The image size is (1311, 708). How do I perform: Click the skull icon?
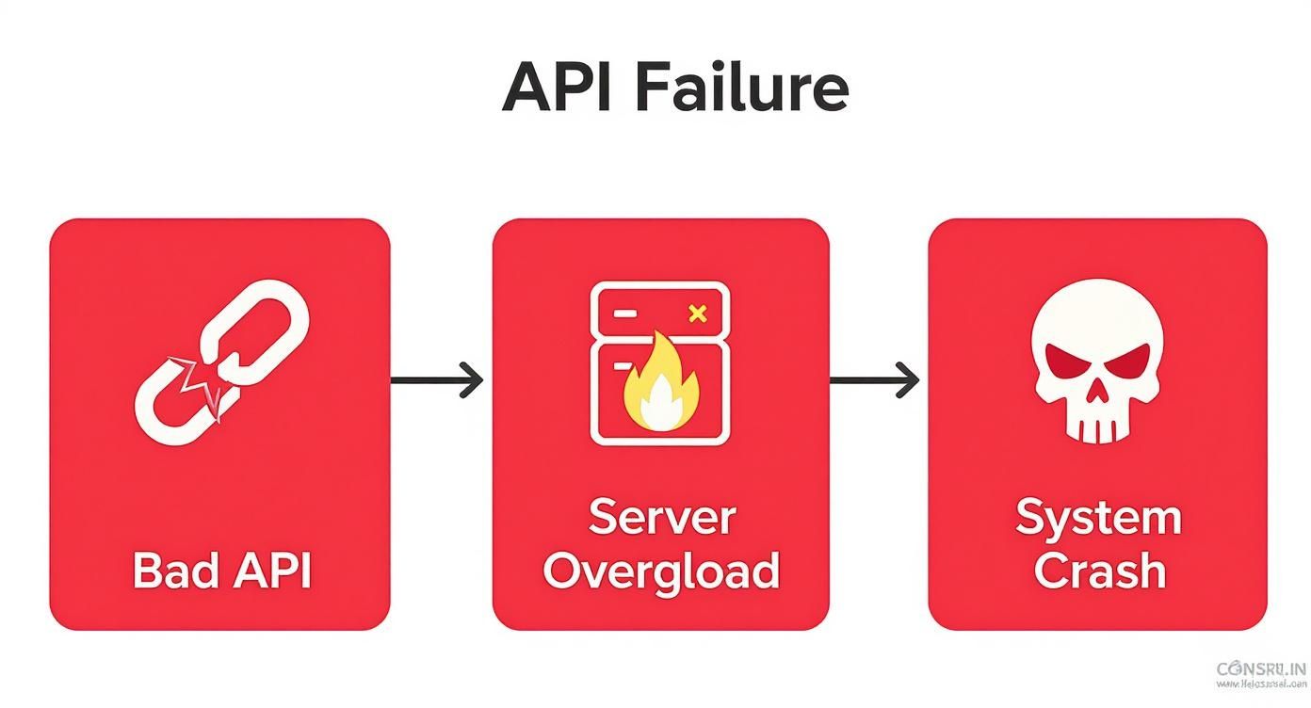[1097, 363]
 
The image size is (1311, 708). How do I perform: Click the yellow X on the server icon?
[698, 314]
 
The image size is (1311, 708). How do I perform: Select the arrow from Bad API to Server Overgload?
[437, 380]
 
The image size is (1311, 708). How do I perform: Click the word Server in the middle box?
[661, 518]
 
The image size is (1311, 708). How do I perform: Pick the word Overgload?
[661, 571]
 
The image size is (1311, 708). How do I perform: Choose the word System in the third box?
[1098, 518]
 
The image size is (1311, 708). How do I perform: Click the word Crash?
[1098, 571]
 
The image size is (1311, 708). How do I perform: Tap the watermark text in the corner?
[1261, 675]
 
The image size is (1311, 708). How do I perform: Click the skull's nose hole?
[1097, 394]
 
